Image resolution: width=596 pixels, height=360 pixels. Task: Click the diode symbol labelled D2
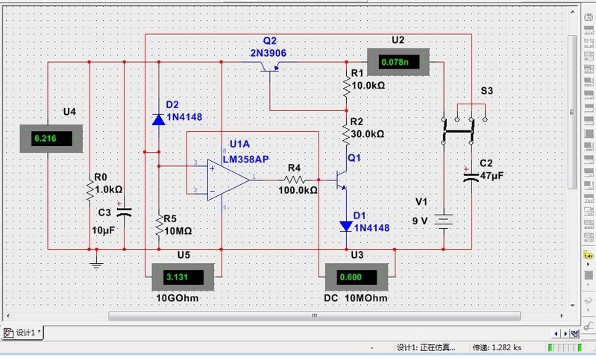(158, 119)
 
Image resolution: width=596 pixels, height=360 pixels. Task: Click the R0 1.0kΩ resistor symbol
(90, 191)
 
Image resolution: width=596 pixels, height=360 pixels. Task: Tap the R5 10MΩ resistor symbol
(158, 226)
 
